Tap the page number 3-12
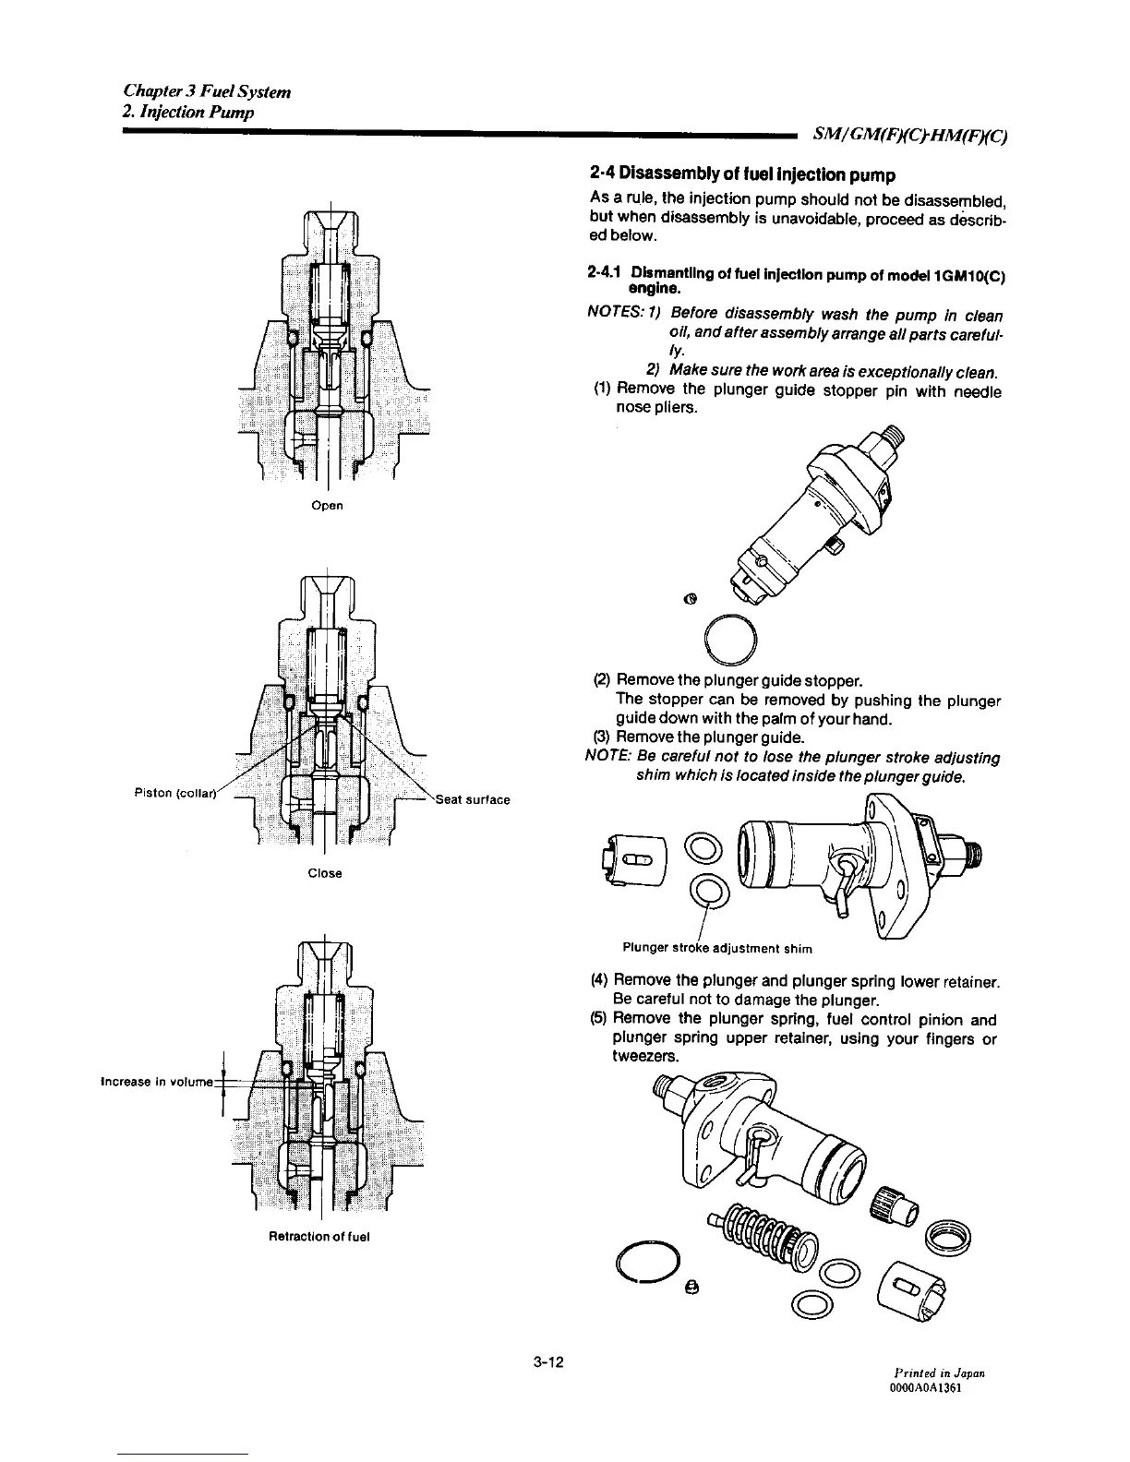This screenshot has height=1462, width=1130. coord(548,1361)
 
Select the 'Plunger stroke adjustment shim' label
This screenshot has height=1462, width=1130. coord(717,948)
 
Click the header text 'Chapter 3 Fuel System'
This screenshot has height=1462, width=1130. coord(208,91)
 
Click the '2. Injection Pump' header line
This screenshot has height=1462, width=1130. coord(188,113)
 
